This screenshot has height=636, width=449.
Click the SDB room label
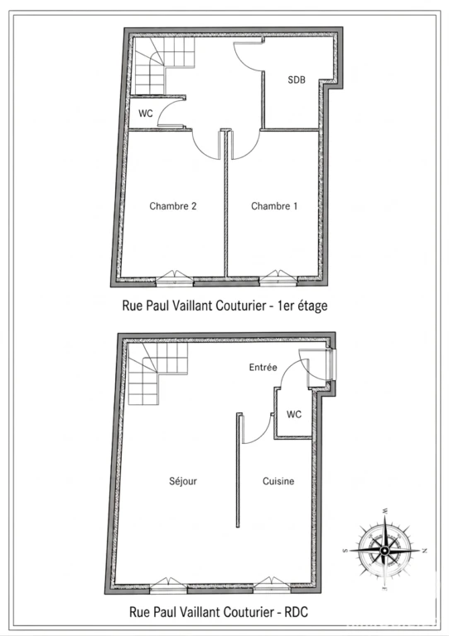[297, 79]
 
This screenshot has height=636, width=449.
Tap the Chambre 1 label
[274, 206]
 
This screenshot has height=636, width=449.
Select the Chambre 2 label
[173, 206]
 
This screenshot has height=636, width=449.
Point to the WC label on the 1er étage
[146, 113]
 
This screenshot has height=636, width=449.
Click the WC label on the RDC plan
[294, 414]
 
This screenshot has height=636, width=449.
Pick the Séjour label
[183, 481]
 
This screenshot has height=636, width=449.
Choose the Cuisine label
[278, 481]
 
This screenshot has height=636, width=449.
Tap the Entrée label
[263, 367]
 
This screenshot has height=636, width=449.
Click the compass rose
[384, 550]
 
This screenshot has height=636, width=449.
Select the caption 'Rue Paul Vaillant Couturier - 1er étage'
[224, 306]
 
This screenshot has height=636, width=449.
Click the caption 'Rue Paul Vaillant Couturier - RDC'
[219, 611]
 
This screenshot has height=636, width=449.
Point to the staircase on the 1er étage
[163, 65]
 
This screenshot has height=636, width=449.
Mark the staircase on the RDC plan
[157, 373]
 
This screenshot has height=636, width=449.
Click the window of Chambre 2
[174, 277]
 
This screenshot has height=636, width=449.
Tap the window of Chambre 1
[278, 277]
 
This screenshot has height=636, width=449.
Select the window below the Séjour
[168, 584]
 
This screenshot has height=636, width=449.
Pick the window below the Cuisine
[272, 584]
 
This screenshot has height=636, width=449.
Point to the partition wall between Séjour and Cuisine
[239, 470]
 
